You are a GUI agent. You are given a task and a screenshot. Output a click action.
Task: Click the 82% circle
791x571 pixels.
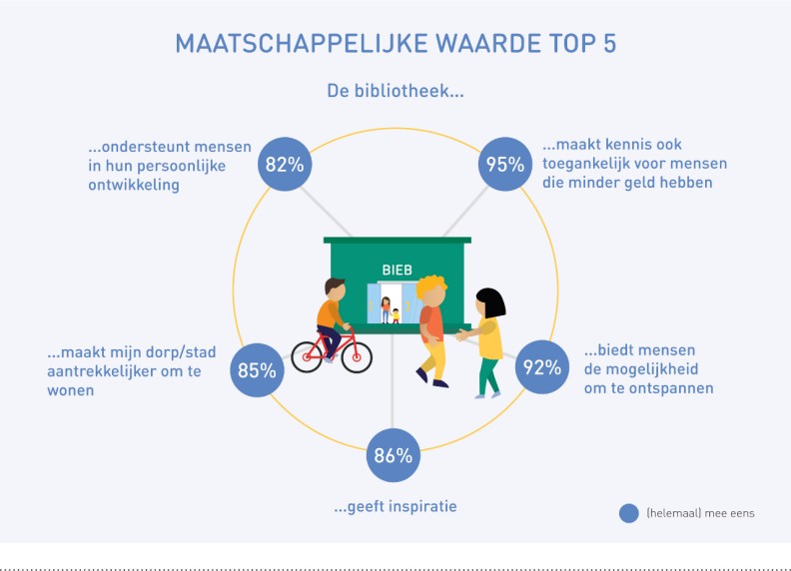[x=285, y=164]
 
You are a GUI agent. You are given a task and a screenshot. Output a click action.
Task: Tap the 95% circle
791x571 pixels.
[x=505, y=164]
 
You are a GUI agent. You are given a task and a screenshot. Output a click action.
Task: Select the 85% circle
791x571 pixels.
[x=257, y=370]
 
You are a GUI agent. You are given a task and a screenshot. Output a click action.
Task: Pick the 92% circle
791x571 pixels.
[x=541, y=367]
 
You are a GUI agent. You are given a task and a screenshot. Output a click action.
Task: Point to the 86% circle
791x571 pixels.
[x=393, y=455]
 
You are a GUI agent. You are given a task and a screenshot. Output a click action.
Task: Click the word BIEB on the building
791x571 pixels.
[x=397, y=270]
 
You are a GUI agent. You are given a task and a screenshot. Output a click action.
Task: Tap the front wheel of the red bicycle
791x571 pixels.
[x=357, y=357]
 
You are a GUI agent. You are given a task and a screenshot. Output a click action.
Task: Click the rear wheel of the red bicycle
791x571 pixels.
[x=307, y=356]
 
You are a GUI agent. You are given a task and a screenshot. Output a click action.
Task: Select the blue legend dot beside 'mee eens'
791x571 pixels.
[x=628, y=513]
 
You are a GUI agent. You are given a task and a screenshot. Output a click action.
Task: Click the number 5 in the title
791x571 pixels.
[x=609, y=43]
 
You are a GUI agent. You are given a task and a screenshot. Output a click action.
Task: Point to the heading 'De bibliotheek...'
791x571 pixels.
[x=395, y=91]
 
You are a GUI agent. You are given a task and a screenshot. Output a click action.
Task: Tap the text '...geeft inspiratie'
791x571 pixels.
[x=395, y=506]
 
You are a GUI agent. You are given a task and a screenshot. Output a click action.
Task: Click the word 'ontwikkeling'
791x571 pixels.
[x=134, y=185]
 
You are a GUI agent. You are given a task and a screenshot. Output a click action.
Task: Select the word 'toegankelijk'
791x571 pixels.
[x=586, y=164]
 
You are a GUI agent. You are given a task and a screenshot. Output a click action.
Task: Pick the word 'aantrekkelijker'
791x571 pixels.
[x=102, y=371]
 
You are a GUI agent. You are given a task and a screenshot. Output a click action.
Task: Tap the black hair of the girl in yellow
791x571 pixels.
[x=490, y=301]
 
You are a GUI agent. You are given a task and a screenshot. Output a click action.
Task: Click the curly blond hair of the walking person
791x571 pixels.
[x=429, y=286]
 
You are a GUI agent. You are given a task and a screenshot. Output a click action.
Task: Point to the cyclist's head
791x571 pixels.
[x=335, y=289]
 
